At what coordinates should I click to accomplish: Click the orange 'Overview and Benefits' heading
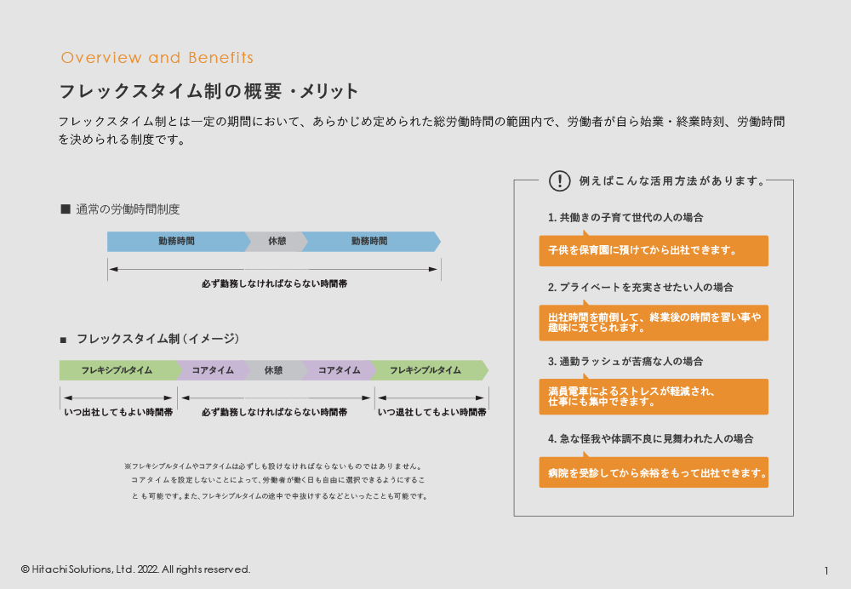157,58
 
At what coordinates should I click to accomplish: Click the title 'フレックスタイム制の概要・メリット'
208,91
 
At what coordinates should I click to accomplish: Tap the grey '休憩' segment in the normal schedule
277,242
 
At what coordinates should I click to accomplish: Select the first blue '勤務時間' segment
176,242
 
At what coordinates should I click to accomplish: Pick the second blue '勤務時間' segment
369,242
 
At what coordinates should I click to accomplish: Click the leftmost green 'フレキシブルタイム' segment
117,370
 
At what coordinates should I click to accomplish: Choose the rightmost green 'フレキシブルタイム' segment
425,370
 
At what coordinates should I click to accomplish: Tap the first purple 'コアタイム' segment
213,370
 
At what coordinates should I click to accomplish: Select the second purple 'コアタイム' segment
339,370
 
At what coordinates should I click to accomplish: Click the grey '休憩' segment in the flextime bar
273,370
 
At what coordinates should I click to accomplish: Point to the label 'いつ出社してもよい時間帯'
118,412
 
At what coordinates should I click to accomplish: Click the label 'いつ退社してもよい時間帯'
431,412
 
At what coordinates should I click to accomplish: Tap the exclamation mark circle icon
559,180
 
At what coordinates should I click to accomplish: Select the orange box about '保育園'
654,251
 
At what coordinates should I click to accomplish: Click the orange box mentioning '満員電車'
654,397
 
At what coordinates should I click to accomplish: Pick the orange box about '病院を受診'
654,472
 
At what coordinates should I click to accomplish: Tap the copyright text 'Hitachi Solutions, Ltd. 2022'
136,569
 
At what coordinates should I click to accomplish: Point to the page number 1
826,570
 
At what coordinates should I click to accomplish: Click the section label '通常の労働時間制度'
128,209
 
